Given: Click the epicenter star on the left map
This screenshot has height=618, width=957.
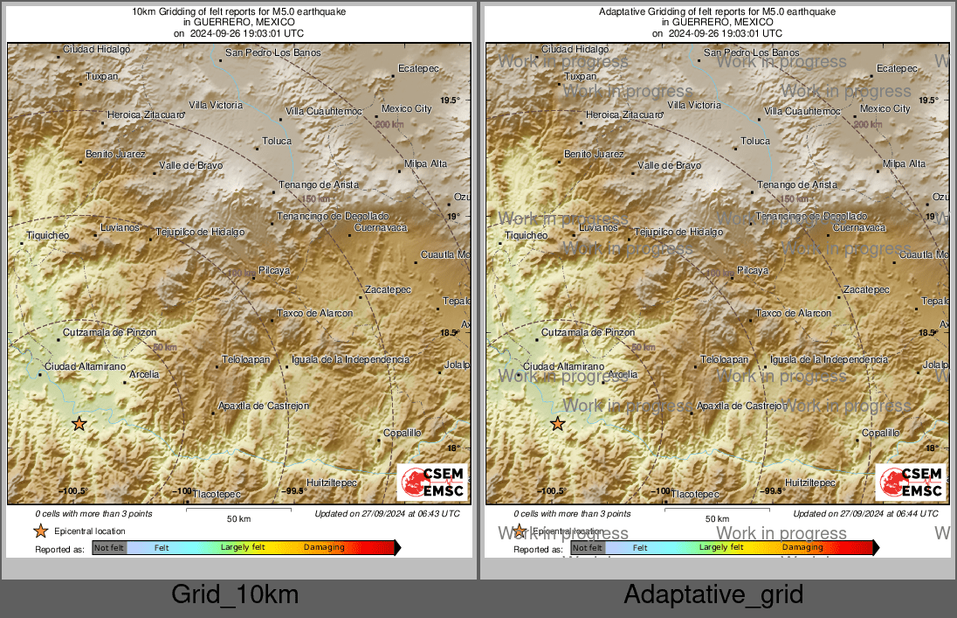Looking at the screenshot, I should pyautogui.click(x=79, y=424).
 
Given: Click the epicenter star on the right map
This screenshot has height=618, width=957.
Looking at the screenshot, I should pyautogui.click(x=557, y=424).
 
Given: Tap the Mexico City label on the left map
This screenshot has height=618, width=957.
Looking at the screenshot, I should pyautogui.click(x=407, y=109).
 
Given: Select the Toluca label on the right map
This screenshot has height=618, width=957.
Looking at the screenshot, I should pyautogui.click(x=755, y=141).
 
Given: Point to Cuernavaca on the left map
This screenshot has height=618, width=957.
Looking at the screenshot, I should pyautogui.click(x=381, y=228).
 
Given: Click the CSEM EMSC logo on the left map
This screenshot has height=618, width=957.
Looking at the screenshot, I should pyautogui.click(x=431, y=483).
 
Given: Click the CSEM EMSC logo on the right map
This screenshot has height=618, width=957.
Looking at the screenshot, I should pyautogui.click(x=910, y=483).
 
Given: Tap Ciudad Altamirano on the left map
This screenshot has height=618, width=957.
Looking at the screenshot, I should pyautogui.click(x=86, y=365).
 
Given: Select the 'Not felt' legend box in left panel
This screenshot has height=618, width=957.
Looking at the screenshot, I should pyautogui.click(x=109, y=548).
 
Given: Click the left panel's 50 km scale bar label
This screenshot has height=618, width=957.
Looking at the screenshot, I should pyautogui.click(x=238, y=519).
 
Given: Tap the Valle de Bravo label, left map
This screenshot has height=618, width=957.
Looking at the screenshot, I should pyautogui.click(x=190, y=165).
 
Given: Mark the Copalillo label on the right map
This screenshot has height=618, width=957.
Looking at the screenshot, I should pyautogui.click(x=880, y=433).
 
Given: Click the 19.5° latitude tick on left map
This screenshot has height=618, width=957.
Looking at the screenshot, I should pyautogui.click(x=450, y=101).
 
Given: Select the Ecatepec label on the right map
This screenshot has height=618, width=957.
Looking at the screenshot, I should pyautogui.click(x=897, y=68).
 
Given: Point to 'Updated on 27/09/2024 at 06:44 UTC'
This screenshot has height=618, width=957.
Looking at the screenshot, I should pyautogui.click(x=866, y=514).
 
